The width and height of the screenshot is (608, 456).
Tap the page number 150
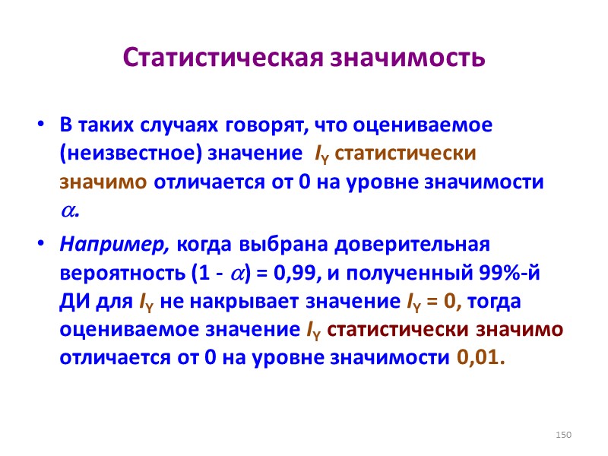(562, 434)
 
